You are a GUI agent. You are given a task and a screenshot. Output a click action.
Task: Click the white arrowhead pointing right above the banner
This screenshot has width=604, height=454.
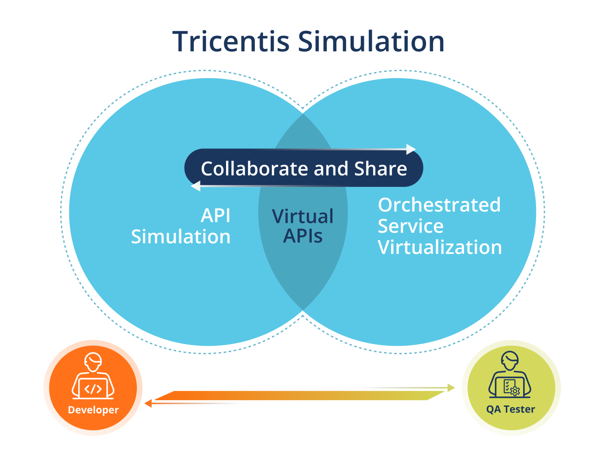click(x=411, y=149)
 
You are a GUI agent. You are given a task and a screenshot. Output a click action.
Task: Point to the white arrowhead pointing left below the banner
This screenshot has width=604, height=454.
click(x=195, y=187)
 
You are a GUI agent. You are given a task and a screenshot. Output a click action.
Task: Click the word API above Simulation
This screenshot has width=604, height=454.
click(x=215, y=216)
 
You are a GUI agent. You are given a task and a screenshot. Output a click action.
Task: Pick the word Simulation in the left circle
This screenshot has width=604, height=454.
click(x=181, y=237)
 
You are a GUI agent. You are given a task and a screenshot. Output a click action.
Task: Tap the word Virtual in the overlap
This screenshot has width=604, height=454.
click(x=303, y=216)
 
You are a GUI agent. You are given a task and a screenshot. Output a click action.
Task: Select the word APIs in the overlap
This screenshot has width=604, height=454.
click(x=303, y=236)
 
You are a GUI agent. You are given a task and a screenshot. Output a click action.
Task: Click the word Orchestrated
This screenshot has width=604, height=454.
click(x=439, y=205)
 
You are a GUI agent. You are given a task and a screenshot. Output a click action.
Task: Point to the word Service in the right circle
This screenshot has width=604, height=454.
click(x=411, y=226)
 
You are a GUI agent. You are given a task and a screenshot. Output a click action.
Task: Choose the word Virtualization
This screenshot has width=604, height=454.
click(x=440, y=247)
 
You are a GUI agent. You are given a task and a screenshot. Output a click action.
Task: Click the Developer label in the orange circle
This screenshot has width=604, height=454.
click(x=93, y=410)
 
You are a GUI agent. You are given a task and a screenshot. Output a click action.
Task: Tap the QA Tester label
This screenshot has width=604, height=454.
click(x=510, y=409)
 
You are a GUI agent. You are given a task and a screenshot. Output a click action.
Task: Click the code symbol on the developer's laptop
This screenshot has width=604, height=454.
click(x=93, y=389)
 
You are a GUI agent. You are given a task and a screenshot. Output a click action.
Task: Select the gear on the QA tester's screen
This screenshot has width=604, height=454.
click(x=515, y=390)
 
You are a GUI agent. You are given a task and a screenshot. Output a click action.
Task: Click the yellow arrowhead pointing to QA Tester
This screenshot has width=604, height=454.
click(x=451, y=388)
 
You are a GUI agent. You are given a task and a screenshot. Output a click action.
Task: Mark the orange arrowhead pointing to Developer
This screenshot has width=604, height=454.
click(x=148, y=403)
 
